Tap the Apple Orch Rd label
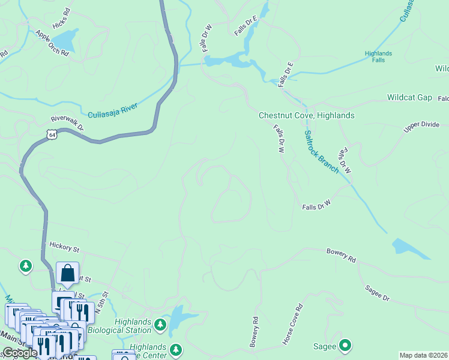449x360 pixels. pyautogui.click(x=52, y=44)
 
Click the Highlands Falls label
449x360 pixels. pyautogui.click(x=378, y=57)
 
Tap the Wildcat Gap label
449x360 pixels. pyautogui.click(x=409, y=97)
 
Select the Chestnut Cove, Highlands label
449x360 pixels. pyautogui.click(x=306, y=115)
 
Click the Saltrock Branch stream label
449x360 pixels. pyautogui.click(x=321, y=151)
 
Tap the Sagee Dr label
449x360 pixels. pyautogui.click(x=377, y=293)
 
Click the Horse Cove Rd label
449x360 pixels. pyautogui.click(x=294, y=324)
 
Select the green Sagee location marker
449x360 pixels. pyautogui.click(x=345, y=346)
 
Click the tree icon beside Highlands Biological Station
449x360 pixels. pyautogui.click(x=160, y=325)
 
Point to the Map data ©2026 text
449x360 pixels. pyautogui.click(x=423, y=355)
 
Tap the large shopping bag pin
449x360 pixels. pyautogui.click(x=68, y=274)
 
